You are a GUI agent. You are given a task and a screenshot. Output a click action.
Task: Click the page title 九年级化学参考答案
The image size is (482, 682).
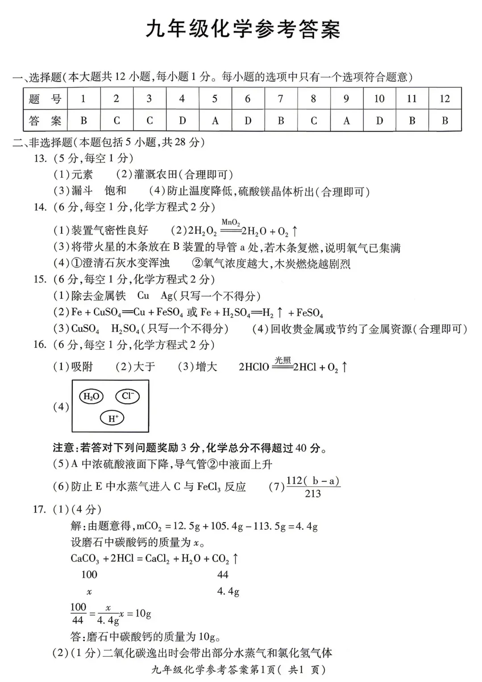click(243, 29)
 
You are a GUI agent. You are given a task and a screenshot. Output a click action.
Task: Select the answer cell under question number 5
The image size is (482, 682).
click(215, 121)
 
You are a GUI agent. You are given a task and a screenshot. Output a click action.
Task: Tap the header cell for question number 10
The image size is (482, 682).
click(379, 99)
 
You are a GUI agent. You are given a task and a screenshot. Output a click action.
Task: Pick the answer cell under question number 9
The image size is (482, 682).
click(346, 121)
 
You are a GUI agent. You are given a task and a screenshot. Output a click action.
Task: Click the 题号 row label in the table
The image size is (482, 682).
click(45, 99)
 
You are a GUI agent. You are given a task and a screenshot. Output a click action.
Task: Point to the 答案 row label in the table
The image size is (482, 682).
click(45, 121)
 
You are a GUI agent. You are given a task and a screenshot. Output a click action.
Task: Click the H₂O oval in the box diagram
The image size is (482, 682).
click(91, 396)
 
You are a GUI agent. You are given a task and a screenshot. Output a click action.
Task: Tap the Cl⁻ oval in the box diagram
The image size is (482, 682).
click(127, 396)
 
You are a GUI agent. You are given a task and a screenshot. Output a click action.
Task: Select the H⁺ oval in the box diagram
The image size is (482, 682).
click(112, 418)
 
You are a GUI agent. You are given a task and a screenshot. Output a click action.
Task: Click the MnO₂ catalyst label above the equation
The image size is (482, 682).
click(230, 222)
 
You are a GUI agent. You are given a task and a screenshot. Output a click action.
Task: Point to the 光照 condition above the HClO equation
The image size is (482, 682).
click(283, 360)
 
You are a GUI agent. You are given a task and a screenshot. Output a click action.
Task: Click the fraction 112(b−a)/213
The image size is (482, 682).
click(313, 487)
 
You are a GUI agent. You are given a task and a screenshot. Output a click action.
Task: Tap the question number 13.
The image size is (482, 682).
click(40, 158)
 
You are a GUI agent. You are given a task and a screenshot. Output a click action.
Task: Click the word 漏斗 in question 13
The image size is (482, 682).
click(82, 191)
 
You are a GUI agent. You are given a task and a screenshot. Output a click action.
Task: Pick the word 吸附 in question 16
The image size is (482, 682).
click(82, 367)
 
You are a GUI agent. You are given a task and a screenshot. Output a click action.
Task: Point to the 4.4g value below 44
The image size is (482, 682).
click(228, 591)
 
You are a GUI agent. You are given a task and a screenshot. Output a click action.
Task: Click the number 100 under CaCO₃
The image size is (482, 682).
click(89, 574)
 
